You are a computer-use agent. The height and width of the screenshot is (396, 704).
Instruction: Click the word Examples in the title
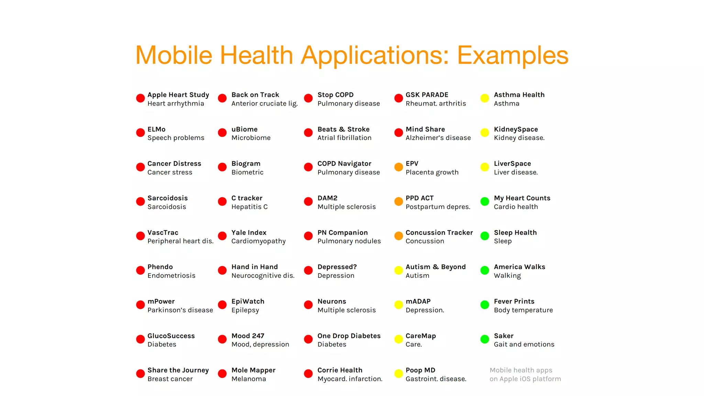point(513,55)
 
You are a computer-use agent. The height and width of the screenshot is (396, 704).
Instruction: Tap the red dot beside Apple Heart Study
point(140,98)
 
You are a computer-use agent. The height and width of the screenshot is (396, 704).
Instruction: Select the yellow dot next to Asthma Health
point(485,98)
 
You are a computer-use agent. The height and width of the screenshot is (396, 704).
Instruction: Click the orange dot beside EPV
point(398,167)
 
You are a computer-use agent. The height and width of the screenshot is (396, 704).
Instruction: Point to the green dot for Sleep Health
point(485,236)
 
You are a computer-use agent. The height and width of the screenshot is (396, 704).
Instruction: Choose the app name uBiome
point(244,129)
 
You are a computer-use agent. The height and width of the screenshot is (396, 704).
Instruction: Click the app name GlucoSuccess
point(171,336)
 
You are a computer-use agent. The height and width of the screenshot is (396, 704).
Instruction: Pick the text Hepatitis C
point(249,207)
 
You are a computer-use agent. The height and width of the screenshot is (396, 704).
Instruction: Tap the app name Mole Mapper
point(253,370)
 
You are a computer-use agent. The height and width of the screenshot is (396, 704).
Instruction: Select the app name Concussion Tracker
point(439,233)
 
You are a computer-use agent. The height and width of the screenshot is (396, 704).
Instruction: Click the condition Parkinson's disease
point(180,310)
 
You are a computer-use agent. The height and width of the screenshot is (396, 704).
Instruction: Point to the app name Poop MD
point(420,370)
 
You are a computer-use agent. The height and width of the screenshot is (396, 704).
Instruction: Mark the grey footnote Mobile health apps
point(521,370)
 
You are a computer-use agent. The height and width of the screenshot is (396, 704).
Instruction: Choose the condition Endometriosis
point(171,276)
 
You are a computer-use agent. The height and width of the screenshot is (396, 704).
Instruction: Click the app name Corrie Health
point(340,370)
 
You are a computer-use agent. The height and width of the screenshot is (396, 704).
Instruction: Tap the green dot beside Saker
point(485,339)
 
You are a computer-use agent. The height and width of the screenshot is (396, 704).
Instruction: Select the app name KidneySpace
point(516,129)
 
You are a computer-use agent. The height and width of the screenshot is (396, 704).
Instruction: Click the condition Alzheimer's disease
point(438,138)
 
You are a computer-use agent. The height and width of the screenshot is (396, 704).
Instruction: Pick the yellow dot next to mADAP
point(398,305)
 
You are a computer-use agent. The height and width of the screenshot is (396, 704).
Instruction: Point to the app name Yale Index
point(249,233)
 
